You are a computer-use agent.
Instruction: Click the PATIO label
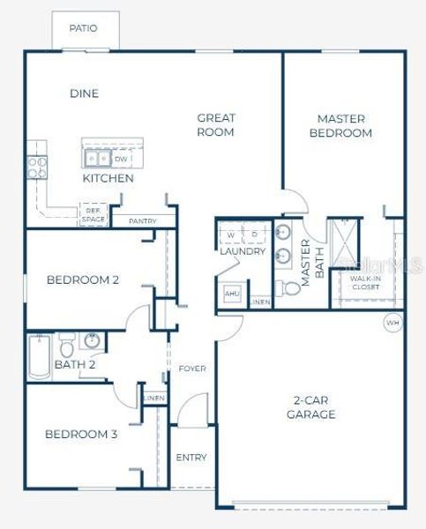[84, 28]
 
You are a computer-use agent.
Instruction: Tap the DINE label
[84, 93]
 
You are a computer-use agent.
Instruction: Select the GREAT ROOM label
[215, 124]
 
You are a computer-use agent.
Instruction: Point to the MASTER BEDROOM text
[345, 125]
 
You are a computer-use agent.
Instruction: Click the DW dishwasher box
[121, 159]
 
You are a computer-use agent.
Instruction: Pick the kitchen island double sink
[97, 159]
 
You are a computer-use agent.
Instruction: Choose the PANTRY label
[143, 221]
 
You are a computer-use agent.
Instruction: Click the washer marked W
[230, 235]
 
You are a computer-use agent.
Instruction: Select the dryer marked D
[253, 235]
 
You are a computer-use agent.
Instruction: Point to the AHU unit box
[232, 294]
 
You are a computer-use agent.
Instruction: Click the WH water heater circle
[392, 324]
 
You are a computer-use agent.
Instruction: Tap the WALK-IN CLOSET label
[365, 283]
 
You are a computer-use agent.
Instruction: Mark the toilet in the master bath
[288, 288]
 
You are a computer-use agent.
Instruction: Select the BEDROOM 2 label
[83, 280]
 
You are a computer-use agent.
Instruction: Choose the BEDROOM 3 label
[81, 434]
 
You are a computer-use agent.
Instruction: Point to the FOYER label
[191, 368]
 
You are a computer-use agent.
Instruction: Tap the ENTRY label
[191, 457]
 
